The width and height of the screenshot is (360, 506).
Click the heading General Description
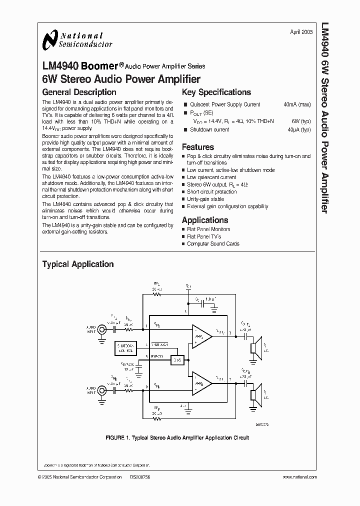coord(79,92)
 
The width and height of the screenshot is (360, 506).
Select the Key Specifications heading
coord(216,92)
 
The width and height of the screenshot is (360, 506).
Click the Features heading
coord(197,147)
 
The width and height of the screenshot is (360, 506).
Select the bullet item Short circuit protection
coord(212,191)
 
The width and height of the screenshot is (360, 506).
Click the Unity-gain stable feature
coord(205,199)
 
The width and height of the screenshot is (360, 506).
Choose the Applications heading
coord(204,220)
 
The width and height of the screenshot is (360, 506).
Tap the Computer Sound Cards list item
coord(213,244)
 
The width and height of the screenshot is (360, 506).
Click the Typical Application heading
coord(77,264)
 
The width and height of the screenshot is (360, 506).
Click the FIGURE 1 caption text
coord(177,438)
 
